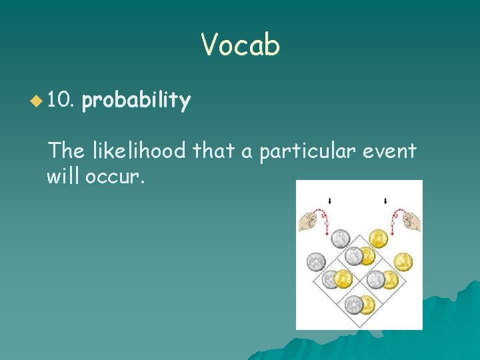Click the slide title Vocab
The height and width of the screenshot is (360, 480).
point(240,45)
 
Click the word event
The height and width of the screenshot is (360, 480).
point(393,151)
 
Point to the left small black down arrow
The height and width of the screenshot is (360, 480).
point(330,200)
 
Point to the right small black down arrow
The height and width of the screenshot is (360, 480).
point(386,200)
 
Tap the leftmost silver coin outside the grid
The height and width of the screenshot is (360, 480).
point(316,262)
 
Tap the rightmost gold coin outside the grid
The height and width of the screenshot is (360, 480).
point(403,261)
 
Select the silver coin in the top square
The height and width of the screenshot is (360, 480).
point(343,239)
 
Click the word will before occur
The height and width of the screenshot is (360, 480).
point(63,177)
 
